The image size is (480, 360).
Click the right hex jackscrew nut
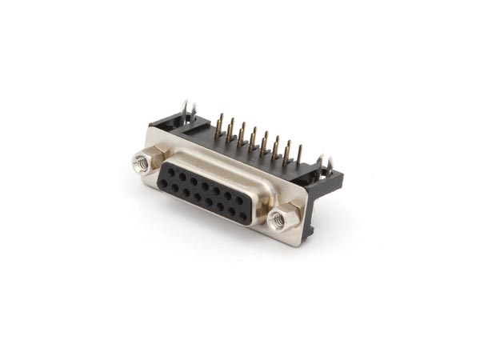click(279, 218)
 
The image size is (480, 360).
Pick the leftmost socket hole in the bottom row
click(163, 183)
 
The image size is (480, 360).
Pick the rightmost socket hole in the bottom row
click(243, 216)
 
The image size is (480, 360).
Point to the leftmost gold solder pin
click(219, 124)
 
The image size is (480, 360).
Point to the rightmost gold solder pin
click(298, 154)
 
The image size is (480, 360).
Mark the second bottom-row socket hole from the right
click(232, 211)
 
